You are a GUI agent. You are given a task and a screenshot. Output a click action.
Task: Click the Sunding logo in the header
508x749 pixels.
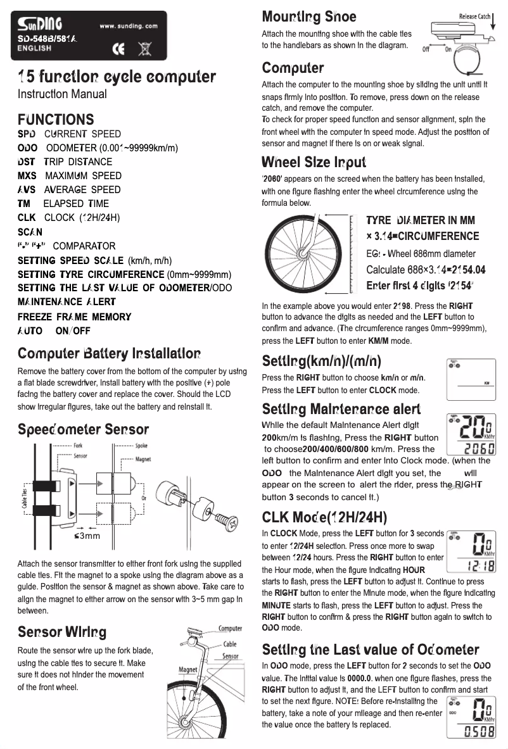click(x=39, y=25)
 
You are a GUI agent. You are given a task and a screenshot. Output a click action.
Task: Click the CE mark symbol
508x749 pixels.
click(x=118, y=47)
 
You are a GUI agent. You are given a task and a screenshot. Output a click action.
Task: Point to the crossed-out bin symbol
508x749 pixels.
click(x=144, y=47)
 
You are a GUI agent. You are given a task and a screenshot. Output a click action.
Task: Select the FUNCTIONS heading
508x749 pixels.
click(x=56, y=119)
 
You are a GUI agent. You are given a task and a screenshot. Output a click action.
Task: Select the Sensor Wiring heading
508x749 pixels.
click(x=62, y=632)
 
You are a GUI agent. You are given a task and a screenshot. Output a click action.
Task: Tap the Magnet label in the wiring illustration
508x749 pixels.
click(x=188, y=669)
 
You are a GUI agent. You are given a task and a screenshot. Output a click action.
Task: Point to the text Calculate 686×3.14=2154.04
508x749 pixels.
click(x=426, y=270)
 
